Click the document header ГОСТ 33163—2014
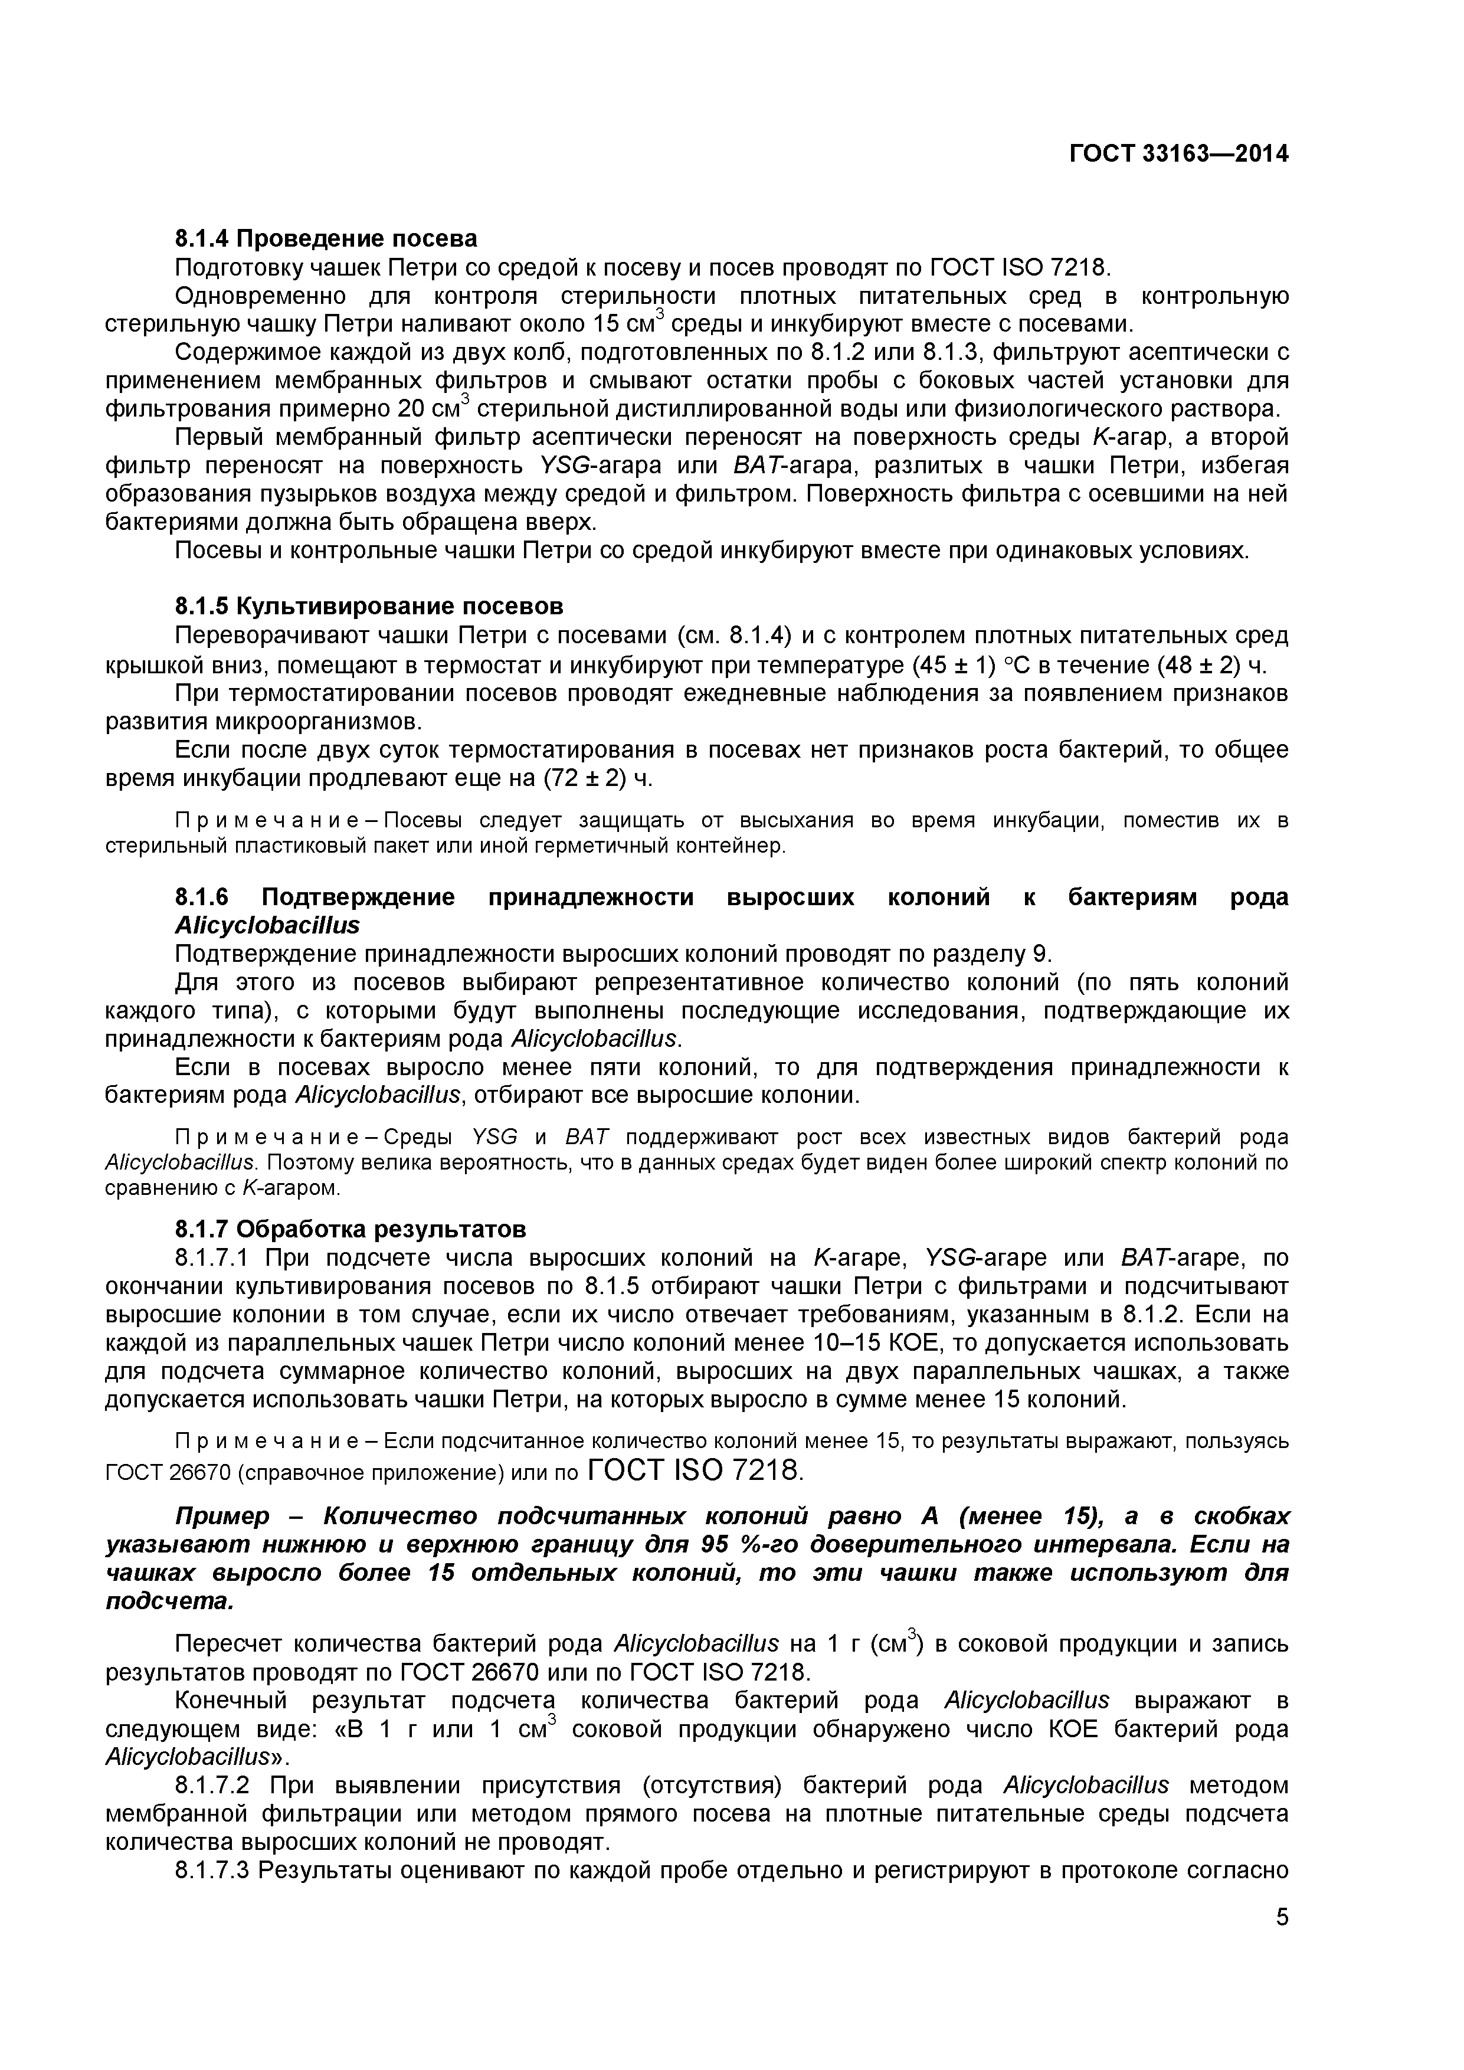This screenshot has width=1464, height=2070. click(x=1178, y=154)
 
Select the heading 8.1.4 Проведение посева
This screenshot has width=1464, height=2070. click(x=326, y=239)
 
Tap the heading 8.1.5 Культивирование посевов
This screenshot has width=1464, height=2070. click(x=369, y=606)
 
